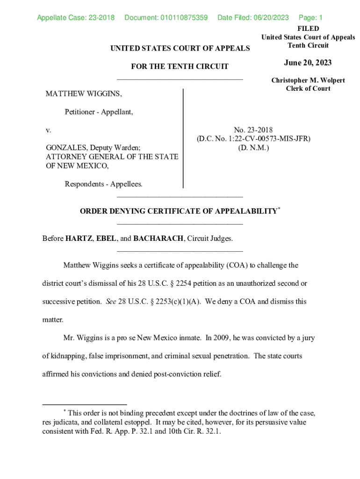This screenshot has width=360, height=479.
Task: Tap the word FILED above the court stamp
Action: pyautogui.click(x=308, y=29)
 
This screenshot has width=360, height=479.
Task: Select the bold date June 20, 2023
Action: pyautogui.click(x=308, y=63)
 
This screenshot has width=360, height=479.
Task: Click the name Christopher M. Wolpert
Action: pyautogui.click(x=308, y=80)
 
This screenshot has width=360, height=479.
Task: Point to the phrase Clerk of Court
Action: pyautogui.click(x=308, y=88)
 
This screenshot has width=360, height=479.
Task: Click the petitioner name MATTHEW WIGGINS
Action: pyautogui.click(x=84, y=94)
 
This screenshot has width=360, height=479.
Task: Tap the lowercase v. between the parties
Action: pyautogui.click(x=48, y=130)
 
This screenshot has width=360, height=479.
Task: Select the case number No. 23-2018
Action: pyautogui.click(x=253, y=130)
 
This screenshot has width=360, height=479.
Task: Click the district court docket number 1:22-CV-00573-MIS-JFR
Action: pyautogui.click(x=270, y=139)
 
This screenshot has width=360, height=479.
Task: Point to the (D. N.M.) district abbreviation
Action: pyautogui.click(x=253, y=147)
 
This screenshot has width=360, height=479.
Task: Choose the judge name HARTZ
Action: pyautogui.click(x=79, y=239)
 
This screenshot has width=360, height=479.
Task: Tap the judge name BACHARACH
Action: pyautogui.click(x=158, y=239)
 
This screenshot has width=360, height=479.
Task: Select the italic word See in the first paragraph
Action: pyautogui.click(x=111, y=302)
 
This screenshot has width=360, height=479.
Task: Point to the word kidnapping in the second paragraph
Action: pyautogui.click(x=68, y=356)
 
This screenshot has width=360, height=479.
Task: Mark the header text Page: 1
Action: pyautogui.click(x=310, y=18)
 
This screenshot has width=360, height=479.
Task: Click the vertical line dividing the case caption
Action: pyautogui.click(x=183, y=138)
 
